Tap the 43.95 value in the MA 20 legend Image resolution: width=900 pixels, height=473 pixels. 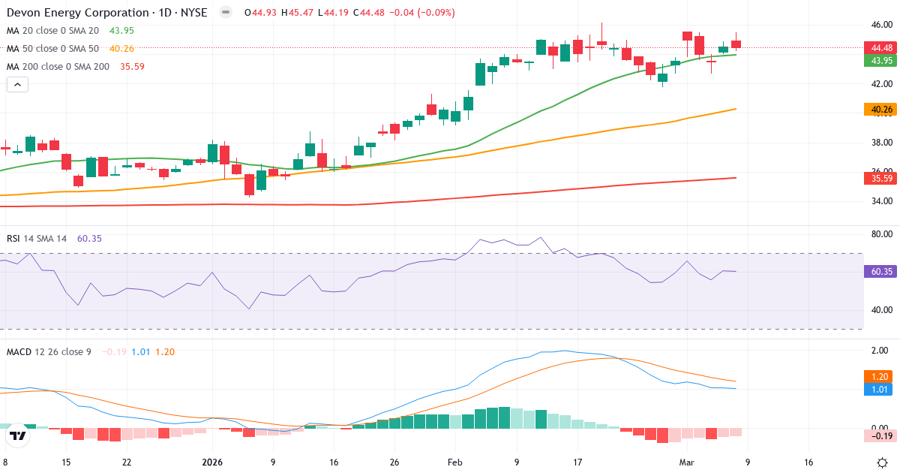point(121,30)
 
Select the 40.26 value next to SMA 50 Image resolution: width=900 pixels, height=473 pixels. point(121,49)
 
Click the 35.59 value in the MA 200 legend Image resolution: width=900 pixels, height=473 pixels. point(132,67)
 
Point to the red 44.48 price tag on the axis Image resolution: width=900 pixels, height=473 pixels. point(878,47)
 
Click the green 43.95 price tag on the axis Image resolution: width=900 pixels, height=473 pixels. point(878,61)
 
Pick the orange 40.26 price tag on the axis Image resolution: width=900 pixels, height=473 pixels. point(878,110)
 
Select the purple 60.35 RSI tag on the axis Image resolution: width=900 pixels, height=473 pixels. point(878,272)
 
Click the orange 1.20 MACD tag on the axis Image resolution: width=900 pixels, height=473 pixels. point(878,376)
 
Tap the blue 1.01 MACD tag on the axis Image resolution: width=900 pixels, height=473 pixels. point(878,389)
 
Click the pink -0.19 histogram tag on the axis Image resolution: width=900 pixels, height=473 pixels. point(878,435)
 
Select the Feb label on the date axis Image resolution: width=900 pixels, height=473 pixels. point(456,462)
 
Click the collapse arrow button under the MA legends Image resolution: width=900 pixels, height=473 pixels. point(17,85)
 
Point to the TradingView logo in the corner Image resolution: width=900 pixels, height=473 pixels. point(18,435)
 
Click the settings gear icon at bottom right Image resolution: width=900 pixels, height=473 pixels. point(883,462)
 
